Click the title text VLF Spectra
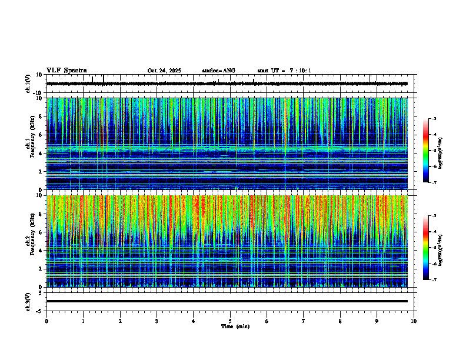[66, 70]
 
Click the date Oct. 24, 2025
[164, 71]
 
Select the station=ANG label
[218, 71]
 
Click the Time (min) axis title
[235, 326]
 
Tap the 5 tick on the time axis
[230, 321]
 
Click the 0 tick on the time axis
[46, 321]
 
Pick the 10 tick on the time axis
[414, 321]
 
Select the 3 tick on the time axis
[157, 321]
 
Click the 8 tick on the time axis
[340, 321]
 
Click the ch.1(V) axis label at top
[28, 84]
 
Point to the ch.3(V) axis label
[28, 301]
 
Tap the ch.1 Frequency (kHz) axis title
[31, 143]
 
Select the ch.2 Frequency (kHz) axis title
[31, 240]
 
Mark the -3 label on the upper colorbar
[433, 119]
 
